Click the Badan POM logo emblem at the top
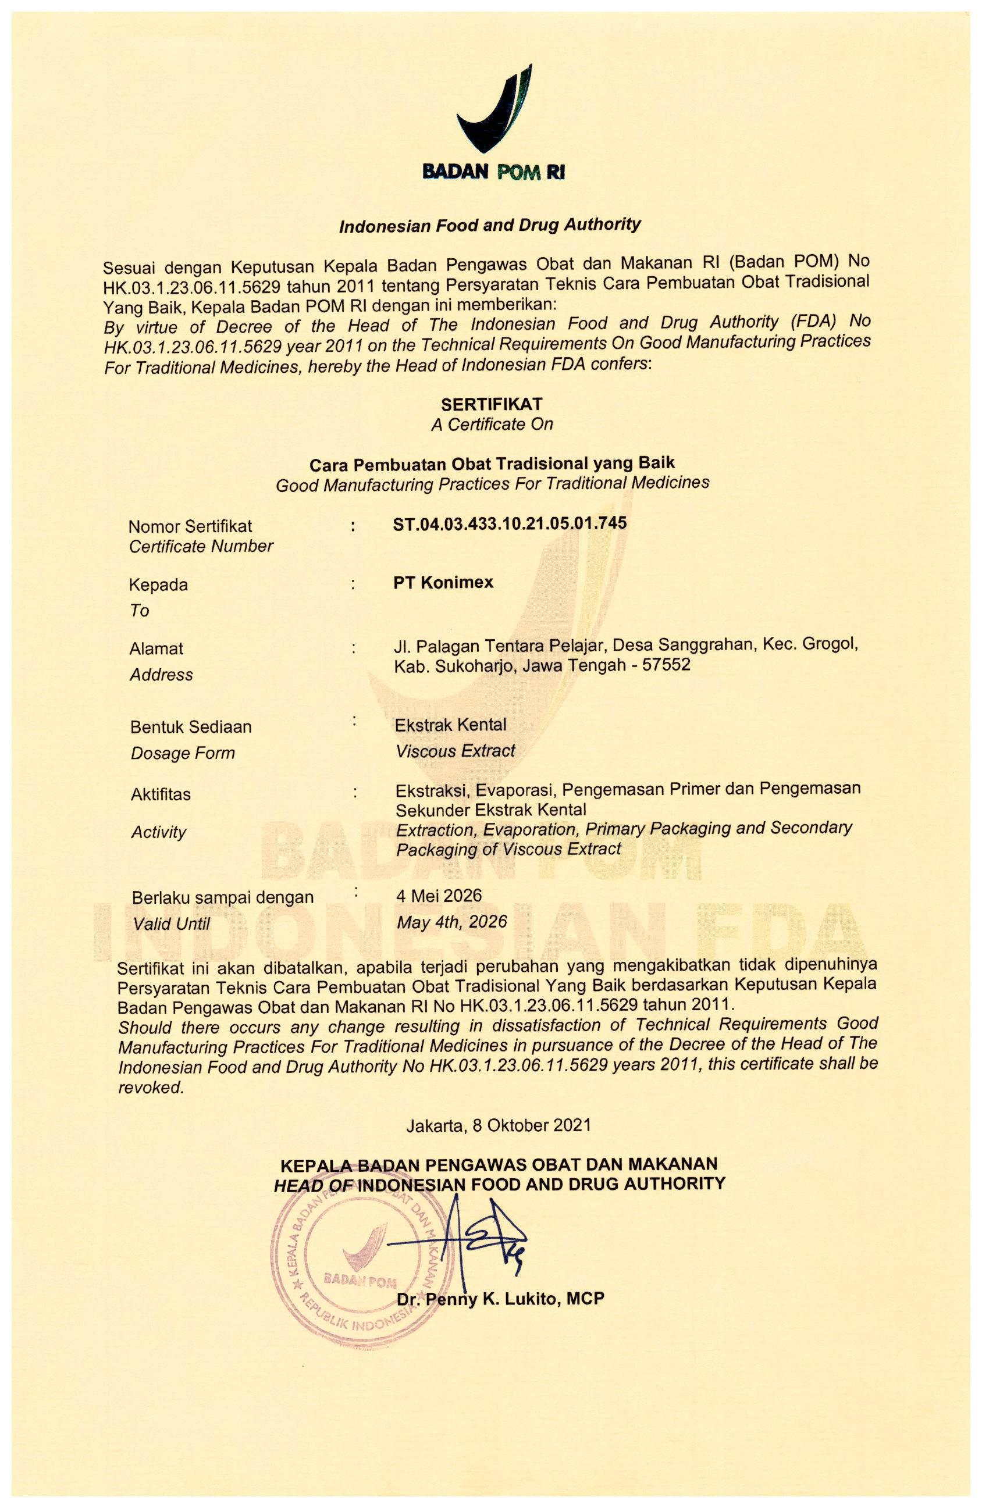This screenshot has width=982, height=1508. (493, 112)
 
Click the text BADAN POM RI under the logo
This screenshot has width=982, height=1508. (493, 172)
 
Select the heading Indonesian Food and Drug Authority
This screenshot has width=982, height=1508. (490, 226)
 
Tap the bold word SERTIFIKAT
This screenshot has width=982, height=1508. (492, 404)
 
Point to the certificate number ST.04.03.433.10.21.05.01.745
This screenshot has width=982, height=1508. (510, 523)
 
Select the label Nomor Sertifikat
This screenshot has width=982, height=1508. (190, 526)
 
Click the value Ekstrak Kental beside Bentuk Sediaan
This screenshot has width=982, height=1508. (450, 724)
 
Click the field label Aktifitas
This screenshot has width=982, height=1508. (161, 794)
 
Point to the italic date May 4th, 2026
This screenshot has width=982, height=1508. (451, 921)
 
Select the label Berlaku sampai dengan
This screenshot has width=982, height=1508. (222, 897)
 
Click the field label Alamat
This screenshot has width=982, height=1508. (156, 648)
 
